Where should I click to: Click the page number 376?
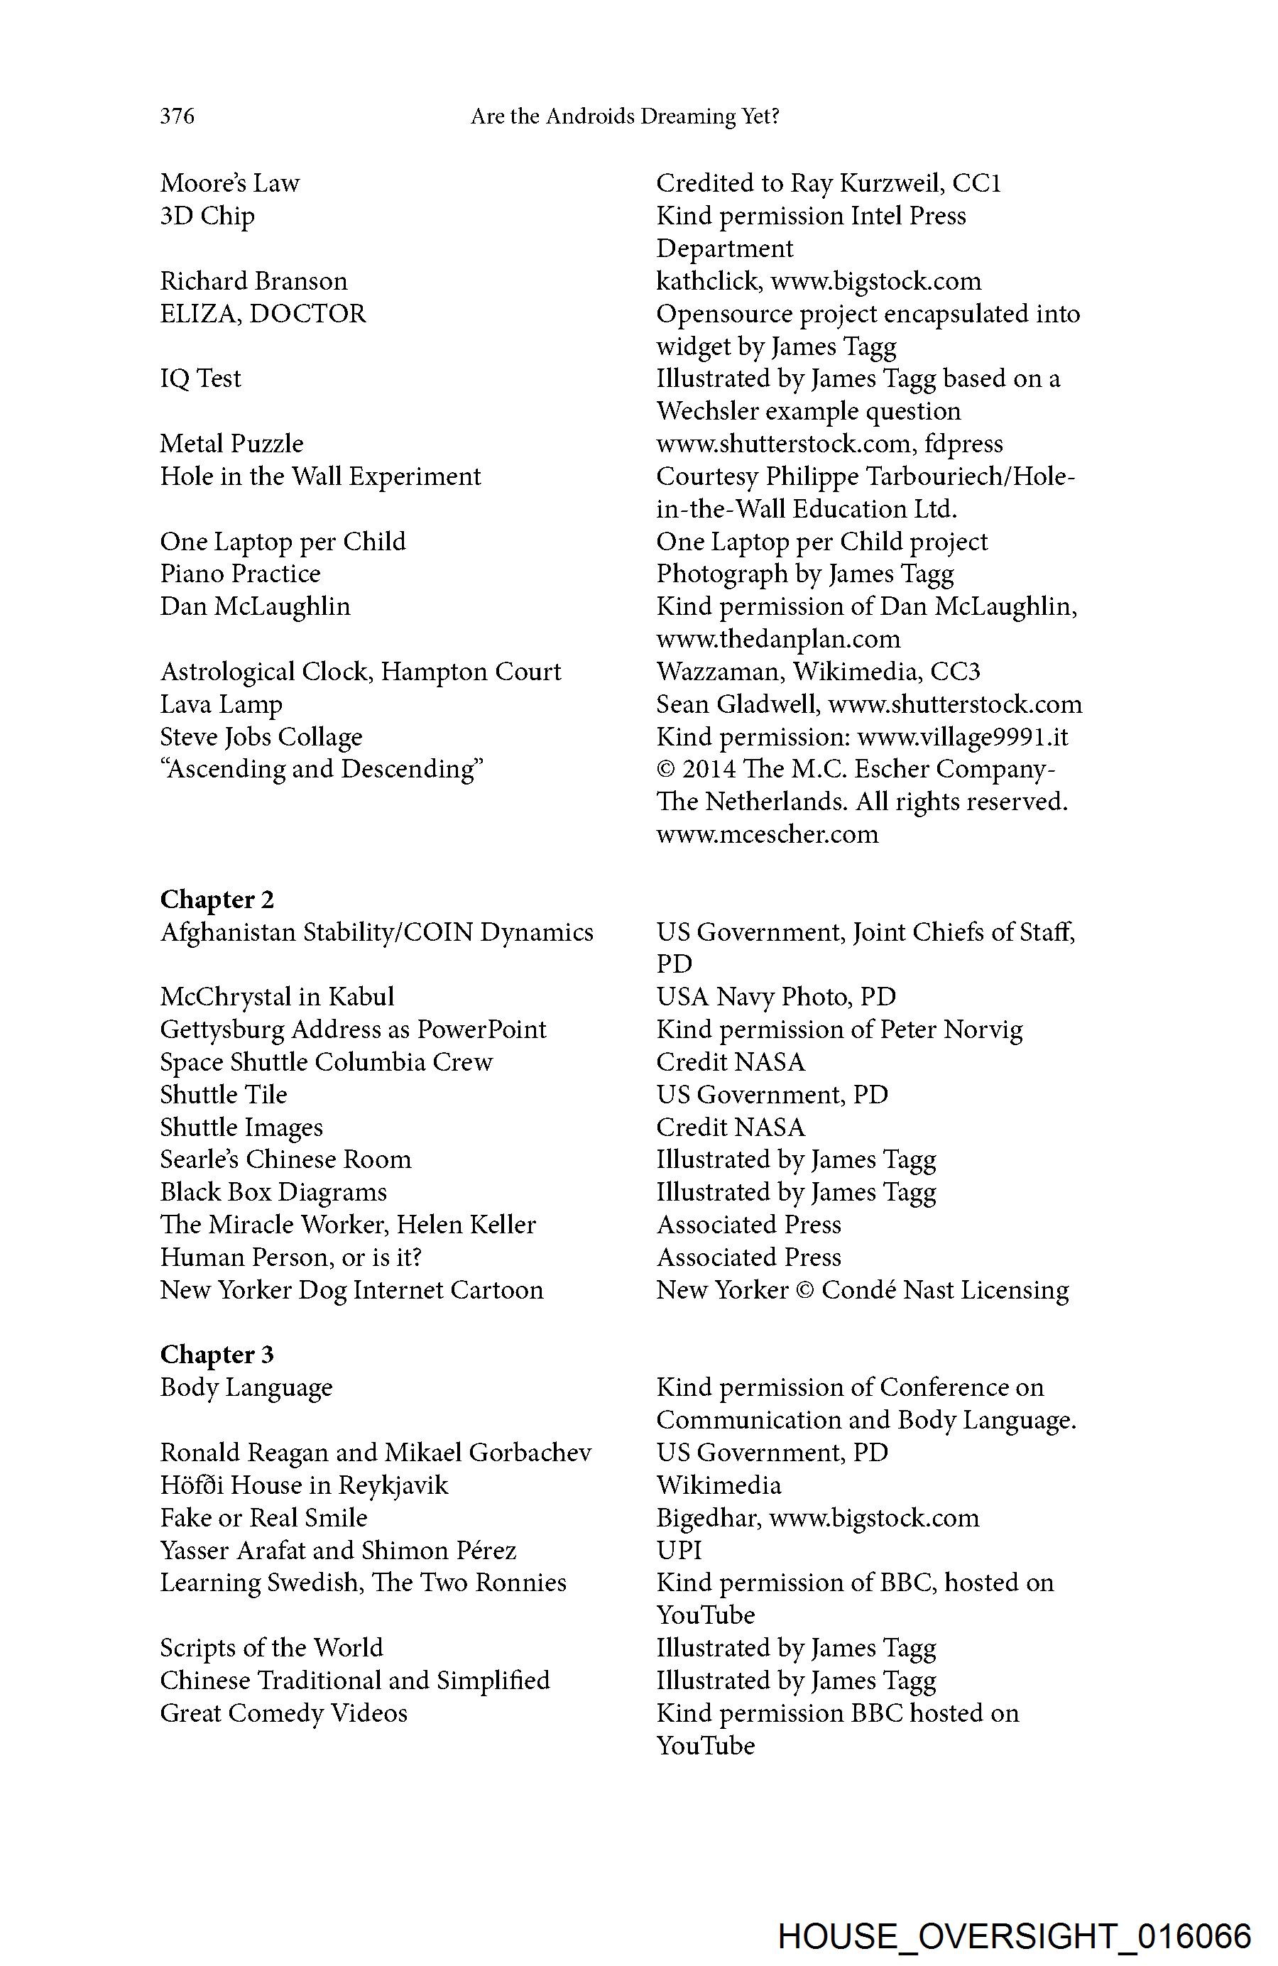[177, 116]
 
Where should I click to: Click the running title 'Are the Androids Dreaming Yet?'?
[625, 116]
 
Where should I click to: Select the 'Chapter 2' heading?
[217, 899]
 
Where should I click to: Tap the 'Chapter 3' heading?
[217, 1354]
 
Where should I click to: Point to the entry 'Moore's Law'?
[229, 182]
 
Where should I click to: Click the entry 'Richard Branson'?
[253, 281]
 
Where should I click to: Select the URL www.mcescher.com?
[768, 834]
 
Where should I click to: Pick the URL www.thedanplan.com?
[778, 638]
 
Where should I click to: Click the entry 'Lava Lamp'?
[222, 704]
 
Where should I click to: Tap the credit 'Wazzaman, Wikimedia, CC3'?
[818, 672]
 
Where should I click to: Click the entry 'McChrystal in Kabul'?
[277, 996]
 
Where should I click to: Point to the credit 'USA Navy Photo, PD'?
[776, 996]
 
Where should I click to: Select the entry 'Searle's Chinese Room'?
[285, 1159]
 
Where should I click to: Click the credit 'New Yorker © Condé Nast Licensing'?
[863, 1289]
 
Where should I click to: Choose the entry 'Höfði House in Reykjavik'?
[304, 1485]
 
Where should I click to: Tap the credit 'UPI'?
[679, 1550]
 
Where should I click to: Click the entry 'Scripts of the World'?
[271, 1647]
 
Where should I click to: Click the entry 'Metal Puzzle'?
[231, 444]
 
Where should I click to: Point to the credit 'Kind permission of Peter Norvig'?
[839, 1030]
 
